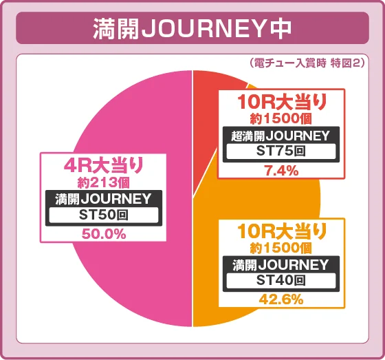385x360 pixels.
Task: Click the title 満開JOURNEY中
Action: (x=192, y=28)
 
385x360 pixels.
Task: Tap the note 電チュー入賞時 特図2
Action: (x=307, y=63)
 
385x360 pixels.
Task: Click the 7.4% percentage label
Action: (x=282, y=171)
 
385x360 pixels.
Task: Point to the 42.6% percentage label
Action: (x=282, y=299)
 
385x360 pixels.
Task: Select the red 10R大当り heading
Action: (x=282, y=103)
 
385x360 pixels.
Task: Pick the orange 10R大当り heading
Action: (x=282, y=231)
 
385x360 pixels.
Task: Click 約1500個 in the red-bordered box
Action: (x=282, y=119)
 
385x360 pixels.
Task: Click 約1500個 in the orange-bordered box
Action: (x=282, y=247)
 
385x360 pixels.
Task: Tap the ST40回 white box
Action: (x=282, y=281)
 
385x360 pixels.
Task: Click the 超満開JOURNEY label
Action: (x=282, y=136)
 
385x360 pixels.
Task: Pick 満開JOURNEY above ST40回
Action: (x=282, y=264)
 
